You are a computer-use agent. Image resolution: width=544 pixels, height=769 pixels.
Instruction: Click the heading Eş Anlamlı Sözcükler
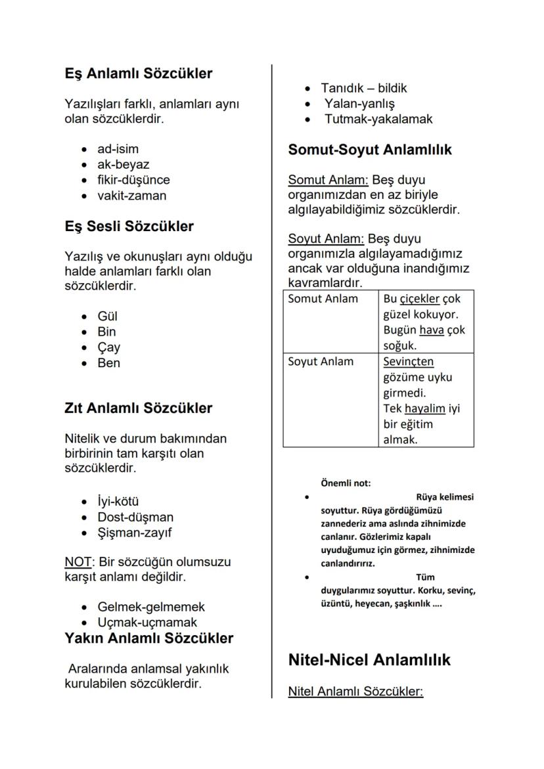(x=138, y=74)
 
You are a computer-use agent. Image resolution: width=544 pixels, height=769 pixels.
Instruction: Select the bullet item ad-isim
(x=118, y=149)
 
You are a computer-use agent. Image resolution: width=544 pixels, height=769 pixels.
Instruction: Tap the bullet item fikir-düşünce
(x=133, y=180)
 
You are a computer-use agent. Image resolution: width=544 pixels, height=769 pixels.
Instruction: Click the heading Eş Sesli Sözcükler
(x=129, y=227)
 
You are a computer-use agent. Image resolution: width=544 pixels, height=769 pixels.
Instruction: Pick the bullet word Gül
(x=107, y=317)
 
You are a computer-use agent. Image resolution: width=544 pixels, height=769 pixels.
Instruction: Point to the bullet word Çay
(x=108, y=347)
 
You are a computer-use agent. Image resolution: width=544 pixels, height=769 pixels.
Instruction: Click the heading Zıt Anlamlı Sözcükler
(x=138, y=408)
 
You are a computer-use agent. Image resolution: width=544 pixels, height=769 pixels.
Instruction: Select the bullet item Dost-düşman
(x=135, y=517)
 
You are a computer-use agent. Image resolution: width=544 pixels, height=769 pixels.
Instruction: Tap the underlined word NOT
(x=78, y=563)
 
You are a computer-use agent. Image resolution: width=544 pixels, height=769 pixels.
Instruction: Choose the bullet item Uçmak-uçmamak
(x=147, y=623)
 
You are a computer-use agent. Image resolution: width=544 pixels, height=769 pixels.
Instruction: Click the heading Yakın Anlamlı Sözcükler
(x=148, y=638)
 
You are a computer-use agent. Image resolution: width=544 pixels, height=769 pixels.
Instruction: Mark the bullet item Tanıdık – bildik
(x=364, y=88)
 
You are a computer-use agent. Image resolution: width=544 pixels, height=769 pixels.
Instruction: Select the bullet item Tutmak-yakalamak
(x=378, y=119)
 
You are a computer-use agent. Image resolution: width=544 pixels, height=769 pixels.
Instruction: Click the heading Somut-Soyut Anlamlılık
(x=370, y=150)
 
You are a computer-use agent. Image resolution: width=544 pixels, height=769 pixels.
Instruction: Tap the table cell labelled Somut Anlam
(x=323, y=299)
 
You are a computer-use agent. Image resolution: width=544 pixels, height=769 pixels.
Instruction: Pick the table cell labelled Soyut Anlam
(x=321, y=362)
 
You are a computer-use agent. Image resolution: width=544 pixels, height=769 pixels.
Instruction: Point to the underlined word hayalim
(x=424, y=408)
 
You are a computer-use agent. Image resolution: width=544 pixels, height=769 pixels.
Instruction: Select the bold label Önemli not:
(x=346, y=483)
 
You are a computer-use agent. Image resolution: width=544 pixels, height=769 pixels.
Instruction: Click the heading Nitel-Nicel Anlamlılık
(x=369, y=660)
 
